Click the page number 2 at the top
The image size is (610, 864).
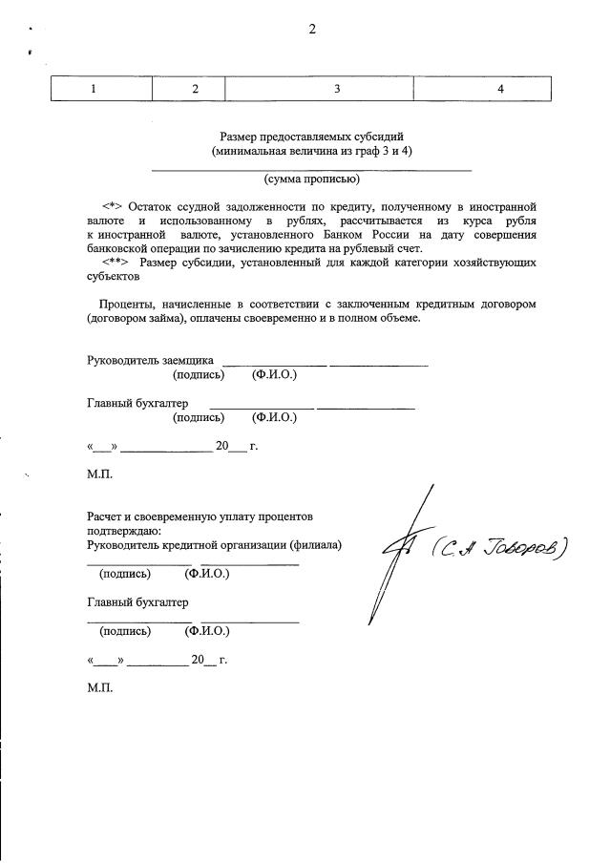pos(311,29)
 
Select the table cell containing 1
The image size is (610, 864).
pos(93,89)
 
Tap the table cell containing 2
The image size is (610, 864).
pos(195,89)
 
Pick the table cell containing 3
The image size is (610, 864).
pos(337,89)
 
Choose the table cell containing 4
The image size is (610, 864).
pos(500,89)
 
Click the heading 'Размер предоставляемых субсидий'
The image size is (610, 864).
pos(311,137)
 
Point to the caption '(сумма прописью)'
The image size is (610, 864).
pos(311,179)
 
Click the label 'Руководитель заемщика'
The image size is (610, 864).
pos(150,361)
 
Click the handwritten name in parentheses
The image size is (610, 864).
pos(498,547)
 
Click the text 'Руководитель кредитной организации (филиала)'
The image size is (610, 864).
pos(215,545)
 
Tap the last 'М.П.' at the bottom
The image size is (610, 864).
pos(99,686)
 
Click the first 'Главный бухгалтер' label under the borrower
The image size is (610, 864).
pos(137,403)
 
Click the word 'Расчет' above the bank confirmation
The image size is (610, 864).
pos(106,516)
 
